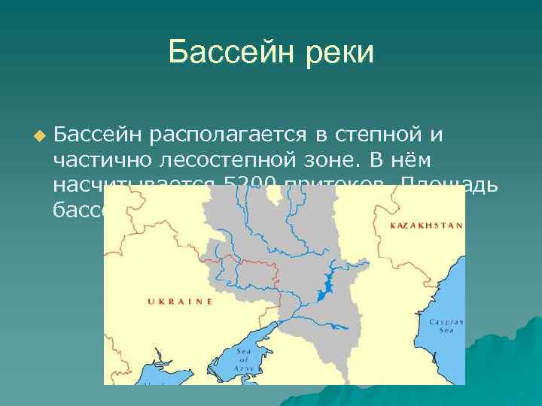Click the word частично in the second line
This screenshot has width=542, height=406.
pyautogui.click(x=102, y=160)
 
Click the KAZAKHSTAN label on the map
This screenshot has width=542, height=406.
pyautogui.click(x=427, y=225)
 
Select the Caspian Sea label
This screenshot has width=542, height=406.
pyautogui.click(x=446, y=325)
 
